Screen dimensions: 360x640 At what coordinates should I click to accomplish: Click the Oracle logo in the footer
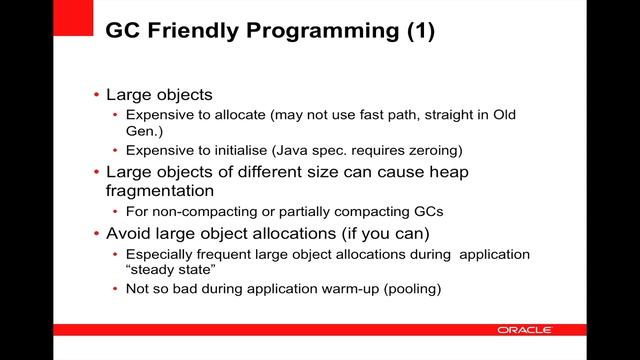(x=522, y=330)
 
